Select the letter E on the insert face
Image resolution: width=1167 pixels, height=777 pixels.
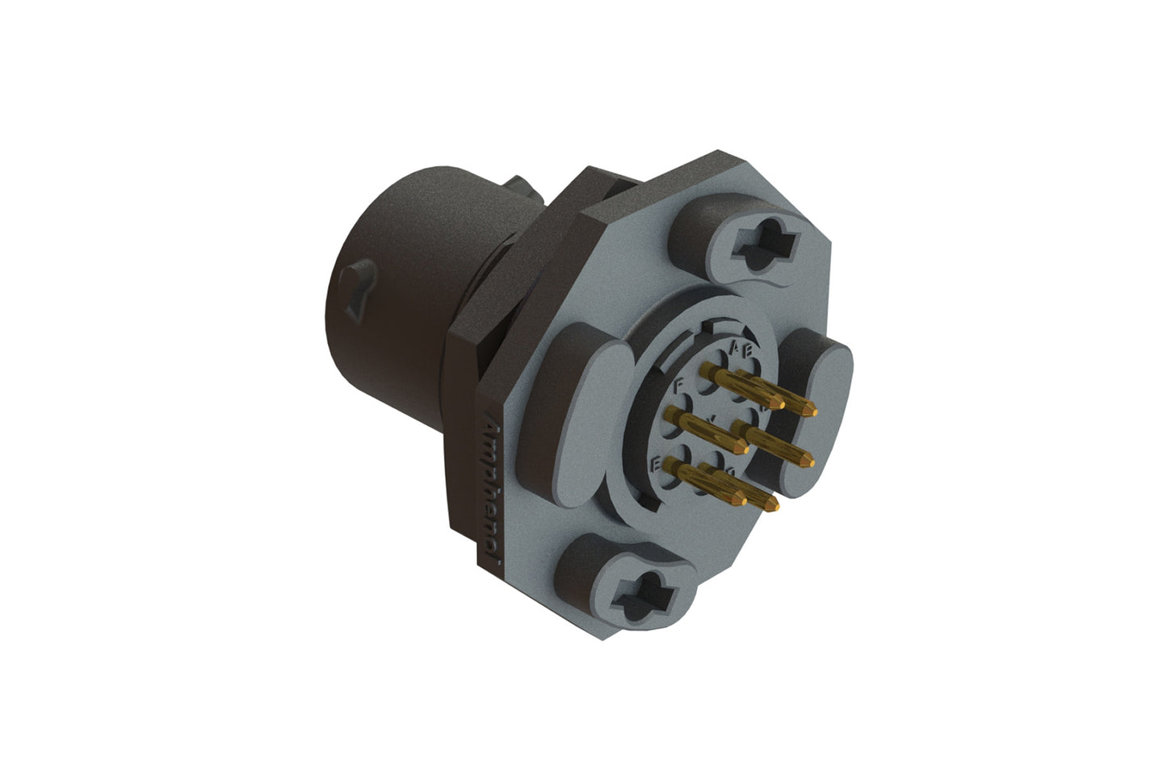[x=657, y=462]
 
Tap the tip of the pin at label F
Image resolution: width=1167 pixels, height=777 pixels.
[x=744, y=447]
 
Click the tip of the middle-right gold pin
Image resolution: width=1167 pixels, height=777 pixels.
[x=808, y=462]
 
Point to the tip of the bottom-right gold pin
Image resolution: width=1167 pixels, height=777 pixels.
[x=775, y=508]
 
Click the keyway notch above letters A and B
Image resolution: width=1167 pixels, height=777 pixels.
[x=708, y=326]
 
